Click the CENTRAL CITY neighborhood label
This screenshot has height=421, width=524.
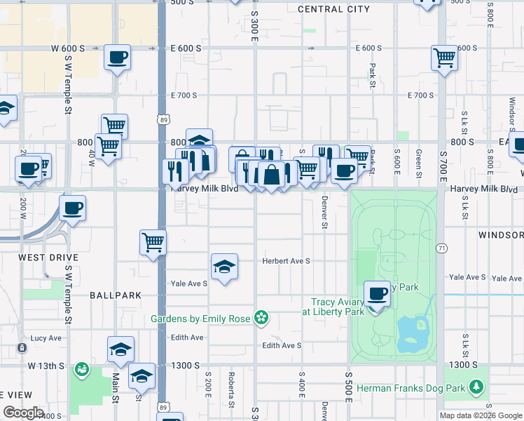[x=333, y=9]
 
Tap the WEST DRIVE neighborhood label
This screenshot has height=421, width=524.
[x=48, y=258]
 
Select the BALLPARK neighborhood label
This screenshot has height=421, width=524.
[x=116, y=295]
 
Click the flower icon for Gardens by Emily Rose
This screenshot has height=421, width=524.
[x=261, y=319]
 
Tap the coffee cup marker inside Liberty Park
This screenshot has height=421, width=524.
[x=377, y=293]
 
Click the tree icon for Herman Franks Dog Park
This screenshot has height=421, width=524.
[x=477, y=387]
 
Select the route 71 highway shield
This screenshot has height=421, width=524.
[x=441, y=248]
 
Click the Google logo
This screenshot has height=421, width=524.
[x=24, y=413]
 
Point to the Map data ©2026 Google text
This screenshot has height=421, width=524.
[x=481, y=415]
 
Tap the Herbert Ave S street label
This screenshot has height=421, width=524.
[x=286, y=261]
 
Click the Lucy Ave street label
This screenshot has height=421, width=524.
[x=46, y=338]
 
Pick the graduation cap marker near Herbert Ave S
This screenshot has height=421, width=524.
[x=224, y=267]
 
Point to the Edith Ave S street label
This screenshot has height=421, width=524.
[x=282, y=345]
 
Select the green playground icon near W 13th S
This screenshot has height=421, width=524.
[x=82, y=368]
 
